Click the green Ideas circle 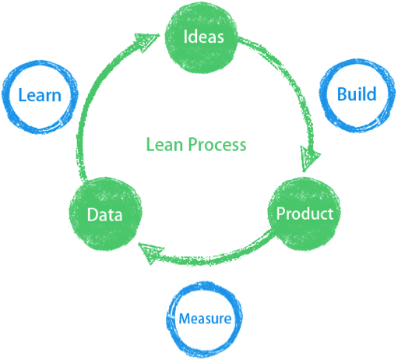coord(202,37)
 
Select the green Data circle coord(105,214)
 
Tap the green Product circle coord(305,214)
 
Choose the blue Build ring coord(322,96)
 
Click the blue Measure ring coord(169,319)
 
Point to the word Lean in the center coord(164,144)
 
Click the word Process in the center coord(217,144)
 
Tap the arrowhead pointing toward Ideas coord(146,41)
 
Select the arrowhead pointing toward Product coord(309,158)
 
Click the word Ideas coord(203,37)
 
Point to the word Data coord(104,215)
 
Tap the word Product coord(305,214)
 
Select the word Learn coord(40,95)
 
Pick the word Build coord(357,94)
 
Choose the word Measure coord(205,319)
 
